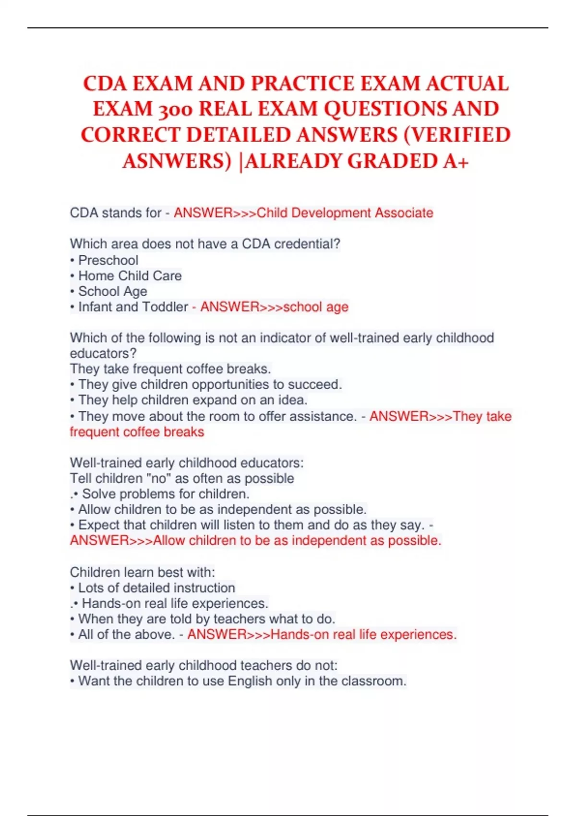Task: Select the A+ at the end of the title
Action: point(456,161)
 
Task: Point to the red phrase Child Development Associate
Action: point(345,213)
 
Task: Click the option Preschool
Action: point(108,260)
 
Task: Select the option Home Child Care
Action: point(130,276)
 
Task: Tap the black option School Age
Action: point(112,291)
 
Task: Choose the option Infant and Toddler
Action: point(133,307)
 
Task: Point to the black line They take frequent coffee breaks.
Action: point(170,369)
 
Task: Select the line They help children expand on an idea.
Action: point(192,400)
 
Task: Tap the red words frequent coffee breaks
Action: point(137,432)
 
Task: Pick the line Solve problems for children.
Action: point(166,494)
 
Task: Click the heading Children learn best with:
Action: point(142,572)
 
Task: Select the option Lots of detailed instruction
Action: point(156,588)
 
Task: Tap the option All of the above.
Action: point(126,635)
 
